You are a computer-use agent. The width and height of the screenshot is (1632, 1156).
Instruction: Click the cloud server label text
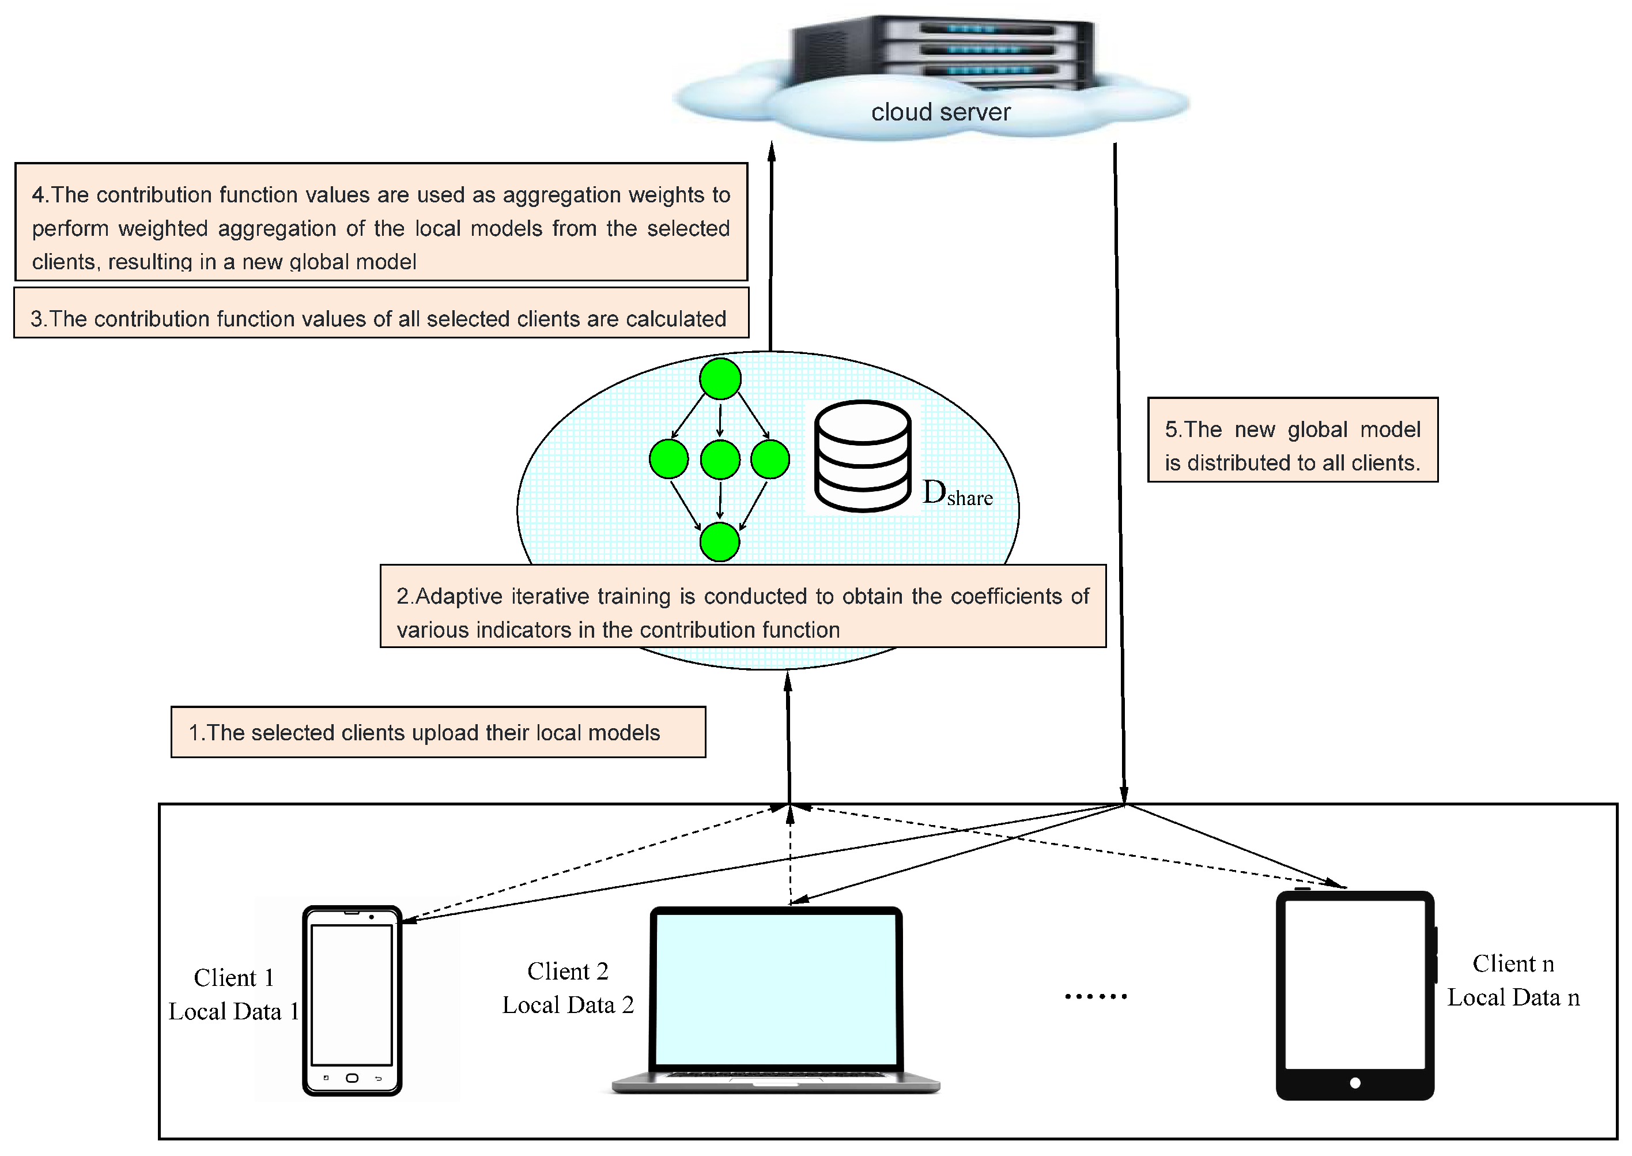click(940, 112)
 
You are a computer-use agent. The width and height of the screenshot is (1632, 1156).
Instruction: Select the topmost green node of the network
click(720, 379)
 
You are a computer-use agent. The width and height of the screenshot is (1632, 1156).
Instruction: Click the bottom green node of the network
click(719, 543)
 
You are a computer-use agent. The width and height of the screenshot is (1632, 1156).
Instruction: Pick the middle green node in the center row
click(720, 459)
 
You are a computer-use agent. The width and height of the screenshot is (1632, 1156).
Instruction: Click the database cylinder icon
click(862, 456)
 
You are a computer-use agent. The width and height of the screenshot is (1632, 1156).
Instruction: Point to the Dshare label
click(957, 494)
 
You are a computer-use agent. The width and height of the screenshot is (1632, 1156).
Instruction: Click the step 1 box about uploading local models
click(437, 732)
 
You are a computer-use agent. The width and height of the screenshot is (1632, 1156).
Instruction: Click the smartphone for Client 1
click(352, 1000)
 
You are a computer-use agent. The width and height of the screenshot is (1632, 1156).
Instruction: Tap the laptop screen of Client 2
click(776, 989)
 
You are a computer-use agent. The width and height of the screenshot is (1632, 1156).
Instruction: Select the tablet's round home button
click(1355, 1083)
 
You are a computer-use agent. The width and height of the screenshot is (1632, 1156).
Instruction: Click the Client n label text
click(1513, 964)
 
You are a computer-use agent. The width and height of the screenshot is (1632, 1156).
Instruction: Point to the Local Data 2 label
click(568, 1005)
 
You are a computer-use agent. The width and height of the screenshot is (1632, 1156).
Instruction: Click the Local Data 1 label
click(233, 1011)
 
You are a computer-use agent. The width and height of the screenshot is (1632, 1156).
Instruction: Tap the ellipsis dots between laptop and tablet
click(1095, 996)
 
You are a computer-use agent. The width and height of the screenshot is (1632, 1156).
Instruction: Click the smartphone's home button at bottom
click(352, 1078)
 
